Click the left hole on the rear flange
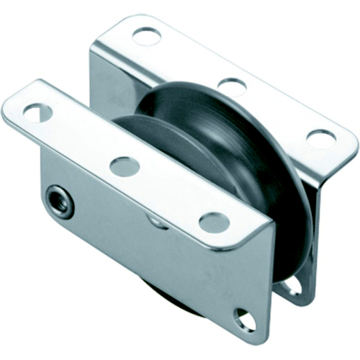[x=147, y=35]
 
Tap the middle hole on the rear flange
[x=232, y=87]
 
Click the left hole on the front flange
[x=37, y=112]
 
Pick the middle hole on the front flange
[x=125, y=166]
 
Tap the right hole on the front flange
[x=214, y=222]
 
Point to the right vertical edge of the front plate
[x=271, y=288]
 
